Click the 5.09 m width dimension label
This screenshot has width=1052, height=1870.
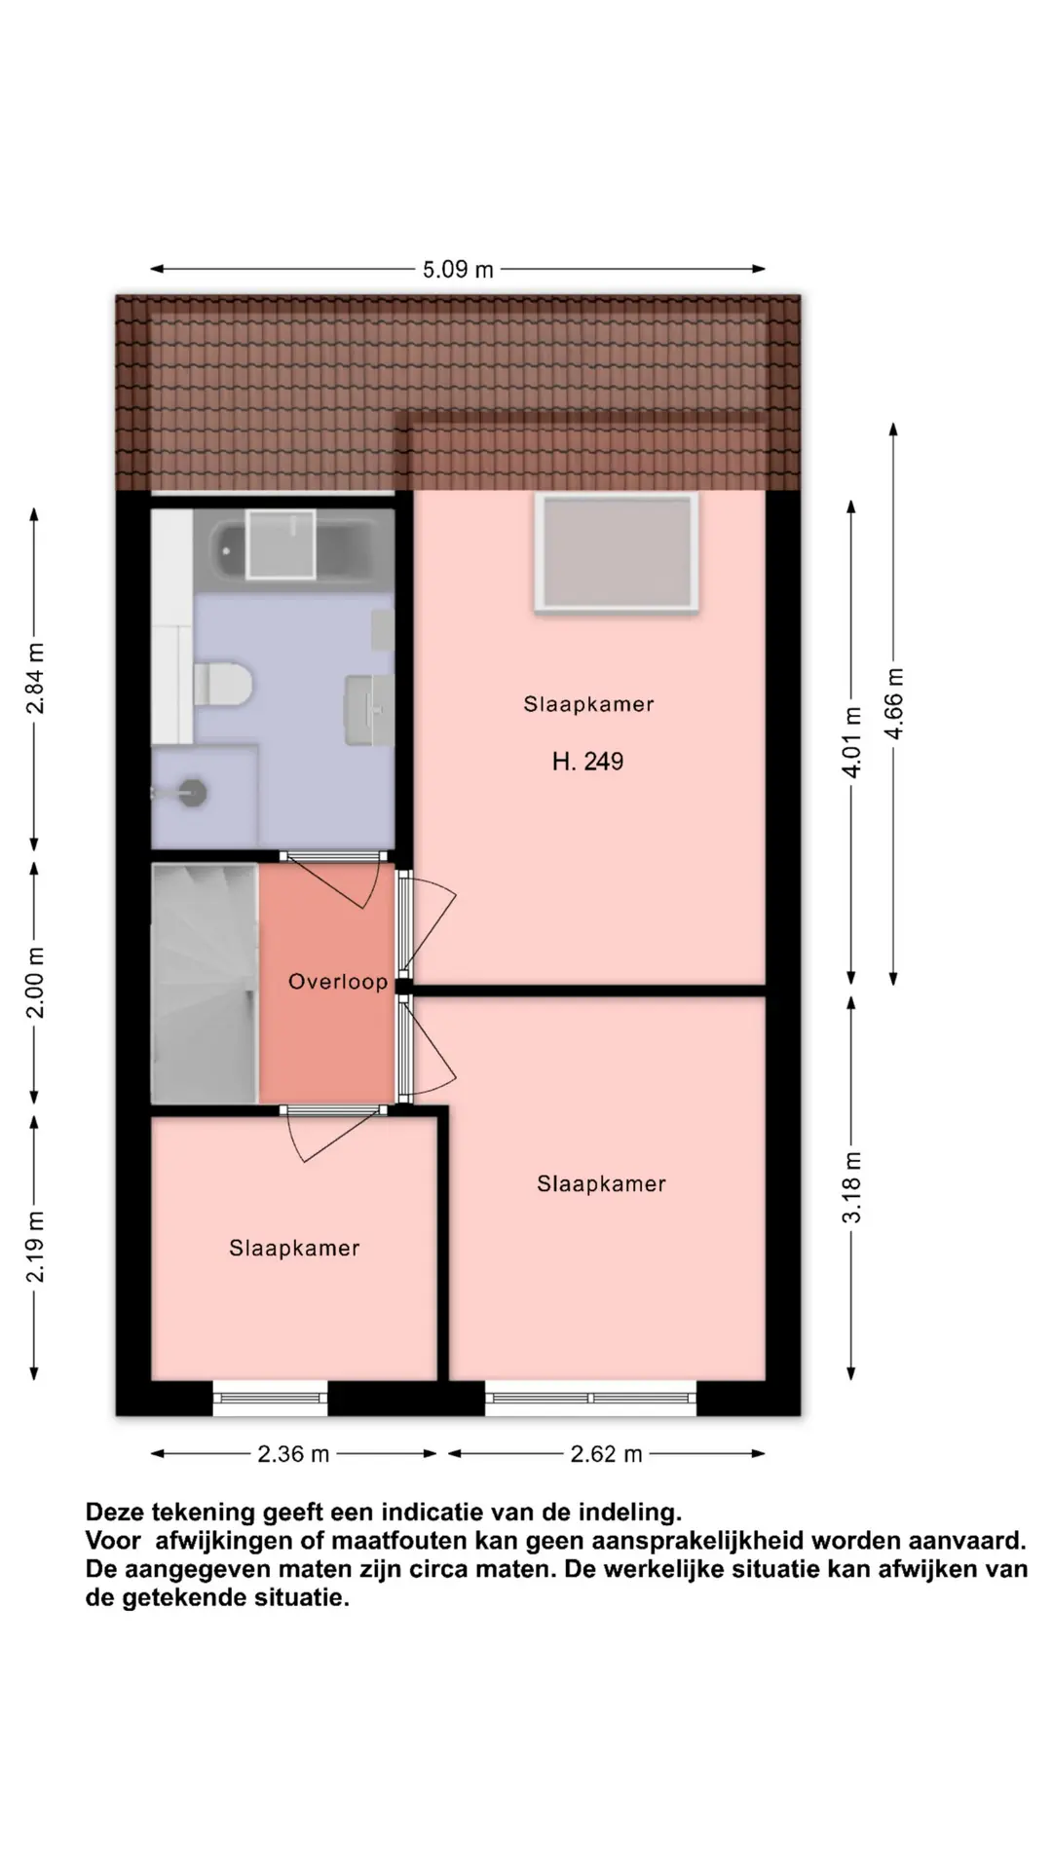coord(458,270)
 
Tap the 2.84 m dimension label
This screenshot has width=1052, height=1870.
coord(35,678)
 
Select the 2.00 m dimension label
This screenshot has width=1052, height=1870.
coord(35,982)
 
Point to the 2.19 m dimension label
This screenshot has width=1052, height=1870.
coord(35,1247)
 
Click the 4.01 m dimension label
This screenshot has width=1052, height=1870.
coord(852,741)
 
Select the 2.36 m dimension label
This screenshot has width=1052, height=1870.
coord(293,1454)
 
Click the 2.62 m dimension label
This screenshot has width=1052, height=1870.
coord(606,1454)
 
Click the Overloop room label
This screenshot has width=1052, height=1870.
coord(338,982)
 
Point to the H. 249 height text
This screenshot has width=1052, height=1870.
coord(587,762)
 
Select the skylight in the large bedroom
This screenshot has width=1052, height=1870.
coord(617,553)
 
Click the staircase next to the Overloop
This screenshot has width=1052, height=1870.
coord(205,984)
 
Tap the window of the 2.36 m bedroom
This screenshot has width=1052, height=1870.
coord(271,1399)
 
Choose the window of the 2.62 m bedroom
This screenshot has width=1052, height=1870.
coord(591,1399)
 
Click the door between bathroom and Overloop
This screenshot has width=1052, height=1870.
coord(331,880)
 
